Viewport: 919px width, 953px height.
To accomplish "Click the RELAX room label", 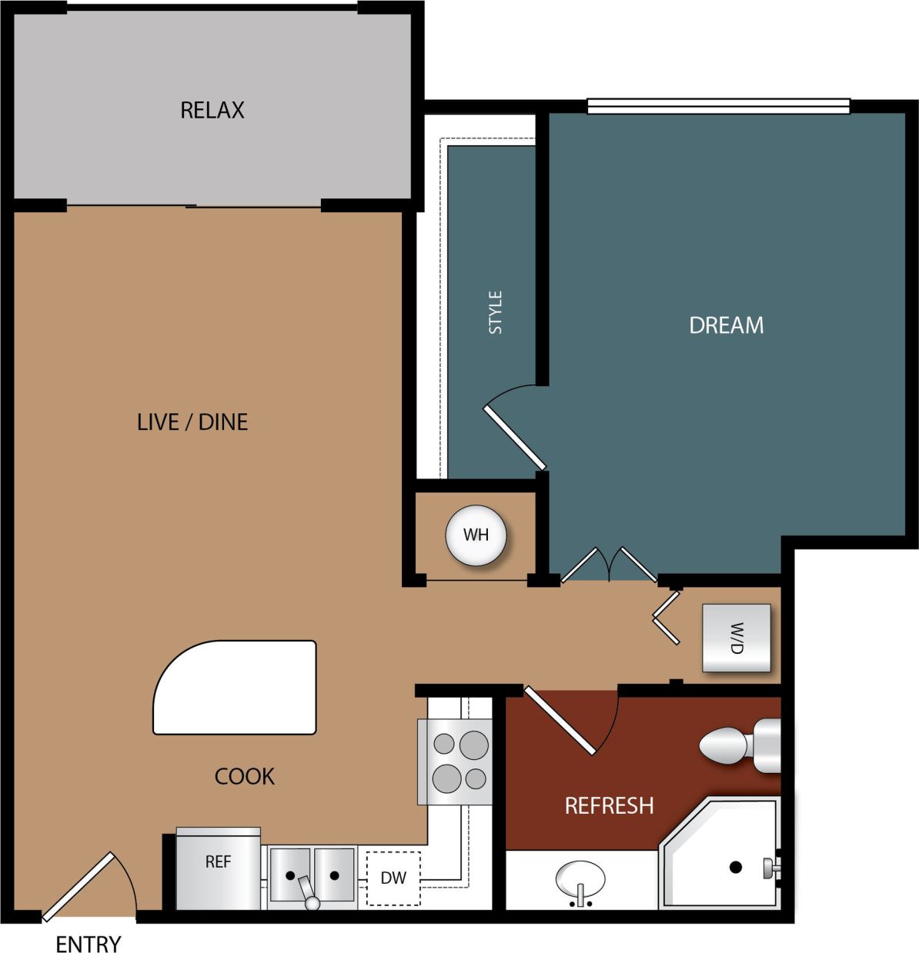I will (x=212, y=110).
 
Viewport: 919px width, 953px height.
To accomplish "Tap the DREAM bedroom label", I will (x=726, y=325).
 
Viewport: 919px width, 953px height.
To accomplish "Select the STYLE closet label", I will (x=495, y=312).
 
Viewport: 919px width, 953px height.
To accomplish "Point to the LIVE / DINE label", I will (x=192, y=422).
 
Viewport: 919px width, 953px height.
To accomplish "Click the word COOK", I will (x=244, y=776).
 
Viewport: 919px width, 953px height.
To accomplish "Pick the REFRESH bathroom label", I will (x=609, y=805).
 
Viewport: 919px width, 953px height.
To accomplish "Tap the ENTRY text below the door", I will (x=88, y=943).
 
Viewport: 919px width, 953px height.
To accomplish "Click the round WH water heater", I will (x=476, y=535).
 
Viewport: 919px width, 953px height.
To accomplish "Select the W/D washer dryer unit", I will (x=736, y=638).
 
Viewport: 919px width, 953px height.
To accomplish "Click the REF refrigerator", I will (x=218, y=867).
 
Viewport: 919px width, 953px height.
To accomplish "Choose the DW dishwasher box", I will (x=393, y=878).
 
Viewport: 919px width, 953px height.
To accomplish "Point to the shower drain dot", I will (x=735, y=867).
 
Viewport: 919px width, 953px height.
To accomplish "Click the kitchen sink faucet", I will (x=309, y=894).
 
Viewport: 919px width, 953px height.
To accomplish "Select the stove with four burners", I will (x=454, y=761).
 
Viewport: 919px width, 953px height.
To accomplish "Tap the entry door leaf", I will (x=78, y=886).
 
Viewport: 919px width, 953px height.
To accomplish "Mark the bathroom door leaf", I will (x=560, y=719).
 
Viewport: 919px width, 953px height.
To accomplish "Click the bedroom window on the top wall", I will (x=718, y=106).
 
